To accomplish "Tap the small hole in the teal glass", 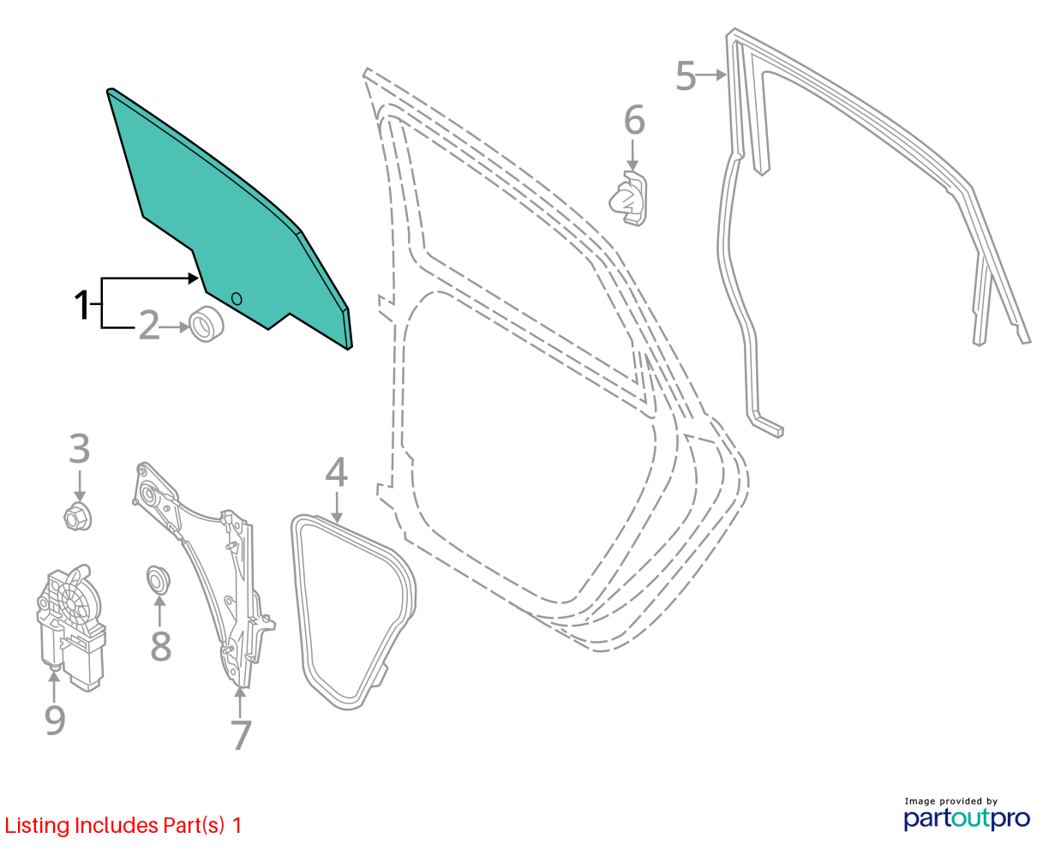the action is coord(237,299).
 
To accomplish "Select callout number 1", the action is coord(81,305).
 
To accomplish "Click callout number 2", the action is coord(149,325).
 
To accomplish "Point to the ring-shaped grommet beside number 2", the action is coord(207,324).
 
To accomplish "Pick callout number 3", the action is coord(80,448).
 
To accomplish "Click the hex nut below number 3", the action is coord(78,517).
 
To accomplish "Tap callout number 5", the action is coord(686,75).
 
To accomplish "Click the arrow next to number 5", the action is coord(711,75).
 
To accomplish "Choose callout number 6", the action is coord(634,120).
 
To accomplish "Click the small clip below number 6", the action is coord(628,199).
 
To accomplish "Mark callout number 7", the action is coord(241,734).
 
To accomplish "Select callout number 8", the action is coord(161,645).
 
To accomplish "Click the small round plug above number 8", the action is coord(158,579).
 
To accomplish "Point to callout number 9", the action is coord(55,720).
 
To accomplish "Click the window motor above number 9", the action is coord(71,627).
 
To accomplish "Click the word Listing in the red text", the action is coord(37,826).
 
